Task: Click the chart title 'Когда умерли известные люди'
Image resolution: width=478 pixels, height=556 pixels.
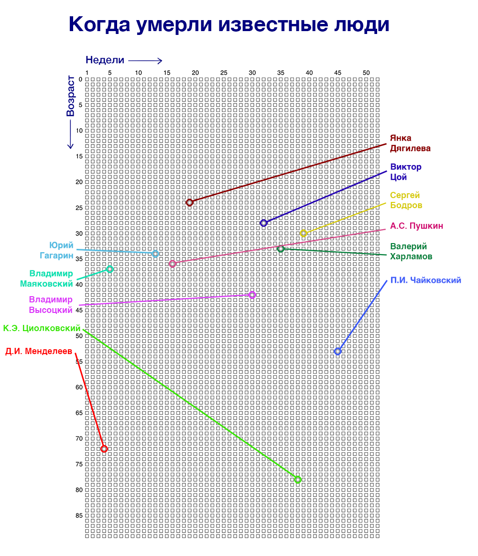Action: tap(229, 24)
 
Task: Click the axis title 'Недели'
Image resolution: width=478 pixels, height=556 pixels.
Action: tap(105, 60)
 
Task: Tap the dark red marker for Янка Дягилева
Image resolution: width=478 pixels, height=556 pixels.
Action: tap(189, 202)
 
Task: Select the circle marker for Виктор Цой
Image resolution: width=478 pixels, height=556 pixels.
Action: tap(263, 223)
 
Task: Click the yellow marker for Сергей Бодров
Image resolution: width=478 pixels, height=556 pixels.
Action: tap(303, 234)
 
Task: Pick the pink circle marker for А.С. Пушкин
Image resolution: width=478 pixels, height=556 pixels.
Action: tap(173, 264)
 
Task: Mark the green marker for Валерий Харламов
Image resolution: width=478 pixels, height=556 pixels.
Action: tap(281, 249)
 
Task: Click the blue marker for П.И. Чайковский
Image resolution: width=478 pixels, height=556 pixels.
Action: tap(337, 351)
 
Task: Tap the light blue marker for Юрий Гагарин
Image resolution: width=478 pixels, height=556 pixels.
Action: tap(155, 254)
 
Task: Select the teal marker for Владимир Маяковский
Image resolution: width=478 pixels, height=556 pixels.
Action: tap(110, 269)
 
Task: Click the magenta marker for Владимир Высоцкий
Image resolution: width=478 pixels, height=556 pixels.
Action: tap(252, 295)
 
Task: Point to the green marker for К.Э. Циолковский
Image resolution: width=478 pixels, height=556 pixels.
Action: tap(298, 479)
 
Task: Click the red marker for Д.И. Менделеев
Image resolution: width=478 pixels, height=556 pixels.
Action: tap(104, 449)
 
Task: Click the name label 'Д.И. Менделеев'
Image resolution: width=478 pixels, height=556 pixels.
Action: tap(39, 351)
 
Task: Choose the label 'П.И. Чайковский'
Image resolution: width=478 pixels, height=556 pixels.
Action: tap(425, 280)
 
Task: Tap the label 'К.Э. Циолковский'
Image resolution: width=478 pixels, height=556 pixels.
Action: tap(42, 328)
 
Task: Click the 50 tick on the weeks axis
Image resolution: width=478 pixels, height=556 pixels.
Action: tap(366, 72)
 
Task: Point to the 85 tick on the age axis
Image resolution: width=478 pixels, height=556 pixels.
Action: tap(79, 515)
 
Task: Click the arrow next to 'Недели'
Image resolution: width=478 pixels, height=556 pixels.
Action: tap(145, 60)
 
